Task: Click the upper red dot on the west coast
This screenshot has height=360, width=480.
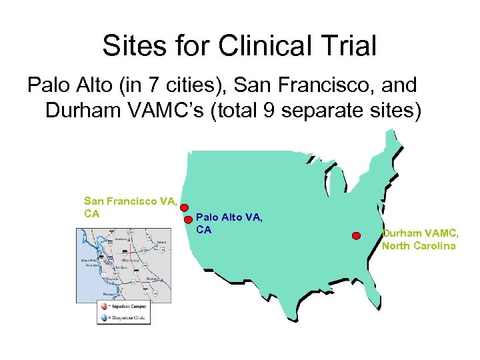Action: coord(185,207)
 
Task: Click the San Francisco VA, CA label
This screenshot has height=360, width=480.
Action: coord(130,206)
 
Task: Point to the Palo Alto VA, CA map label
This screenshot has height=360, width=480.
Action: coord(230,223)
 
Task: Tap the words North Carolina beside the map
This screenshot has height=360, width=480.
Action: coord(419,246)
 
